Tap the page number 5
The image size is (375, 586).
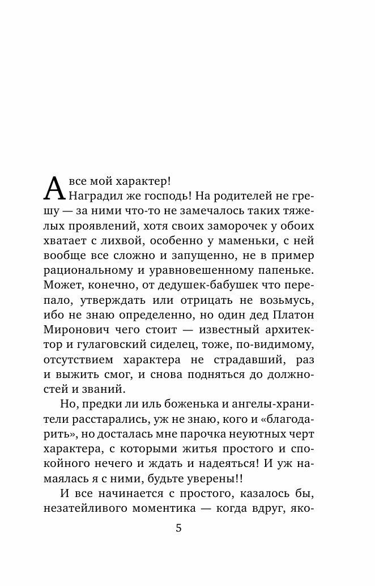[179, 528]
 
